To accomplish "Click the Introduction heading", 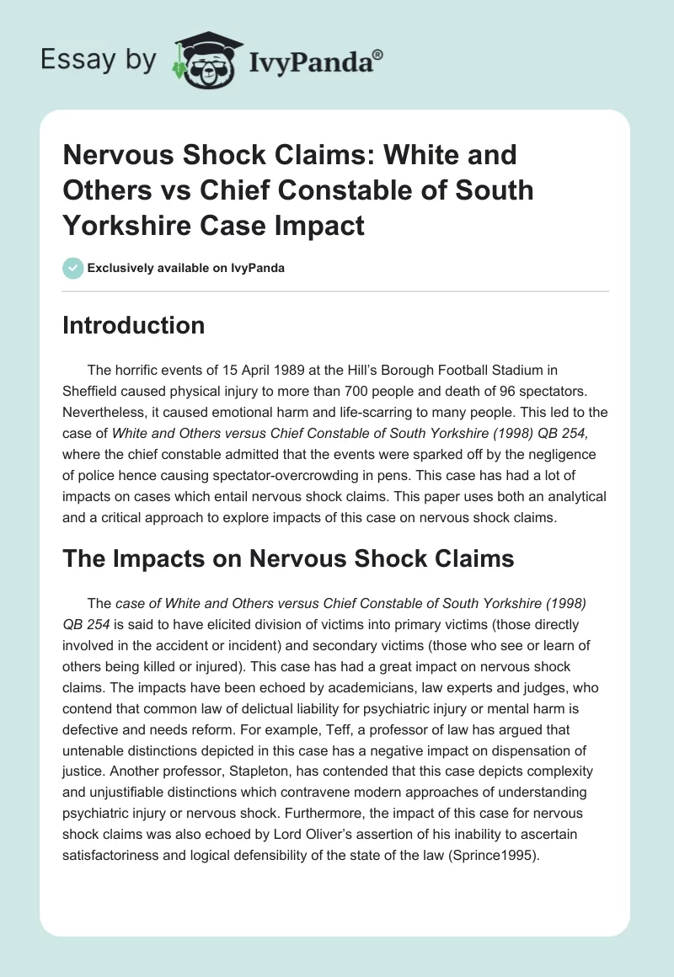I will pyautogui.click(x=133, y=326).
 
